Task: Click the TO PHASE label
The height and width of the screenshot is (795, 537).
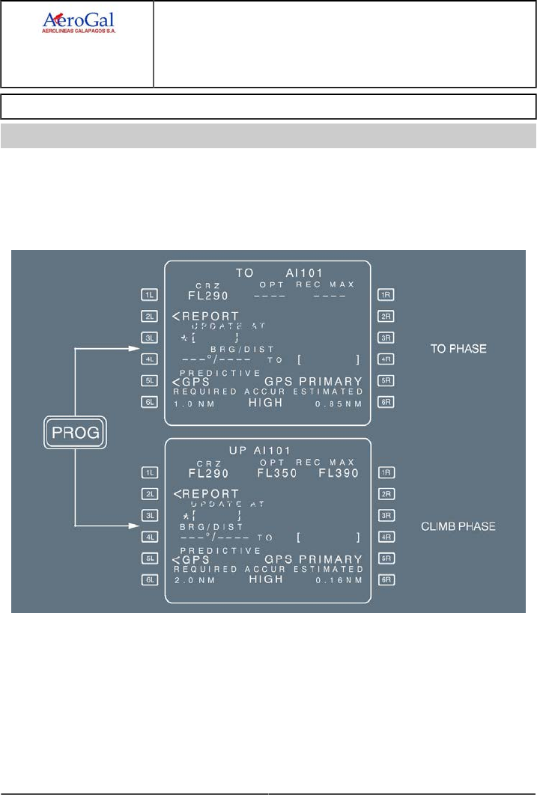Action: coord(458,349)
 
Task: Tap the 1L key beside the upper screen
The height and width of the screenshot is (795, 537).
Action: coord(150,295)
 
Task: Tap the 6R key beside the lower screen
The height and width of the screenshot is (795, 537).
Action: coord(386,580)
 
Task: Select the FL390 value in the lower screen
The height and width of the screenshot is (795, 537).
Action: coord(339,474)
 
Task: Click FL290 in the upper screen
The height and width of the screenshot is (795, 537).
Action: coord(207,295)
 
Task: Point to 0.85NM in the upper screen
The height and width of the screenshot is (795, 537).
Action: coord(339,403)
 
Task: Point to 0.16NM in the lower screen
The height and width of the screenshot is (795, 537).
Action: coord(339,581)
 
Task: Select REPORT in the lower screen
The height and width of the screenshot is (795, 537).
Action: coord(210,494)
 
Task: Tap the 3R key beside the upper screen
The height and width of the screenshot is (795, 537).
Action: coord(386,338)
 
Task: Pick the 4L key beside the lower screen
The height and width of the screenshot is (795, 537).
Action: coord(150,537)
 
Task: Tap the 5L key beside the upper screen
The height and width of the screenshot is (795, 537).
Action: coord(150,380)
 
